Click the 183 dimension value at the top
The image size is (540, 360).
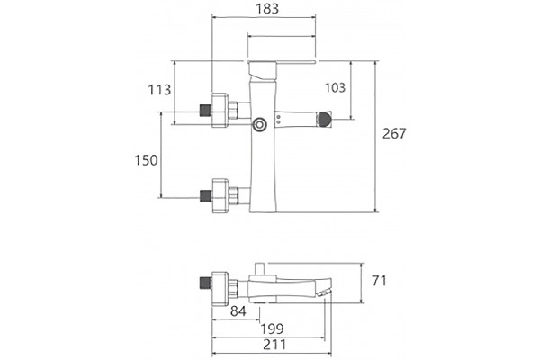[x=267, y=9]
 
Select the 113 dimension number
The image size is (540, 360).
[x=159, y=90]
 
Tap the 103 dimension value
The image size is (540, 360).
[x=335, y=87]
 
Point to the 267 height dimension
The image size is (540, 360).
[x=394, y=133]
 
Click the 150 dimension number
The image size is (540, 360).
[x=146, y=160]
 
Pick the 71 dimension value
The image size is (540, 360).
[x=379, y=281]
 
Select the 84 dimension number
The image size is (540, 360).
[x=238, y=311]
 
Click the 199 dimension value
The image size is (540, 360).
[x=272, y=329]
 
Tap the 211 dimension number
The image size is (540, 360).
[x=274, y=345]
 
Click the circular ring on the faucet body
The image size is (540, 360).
[x=259, y=125]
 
